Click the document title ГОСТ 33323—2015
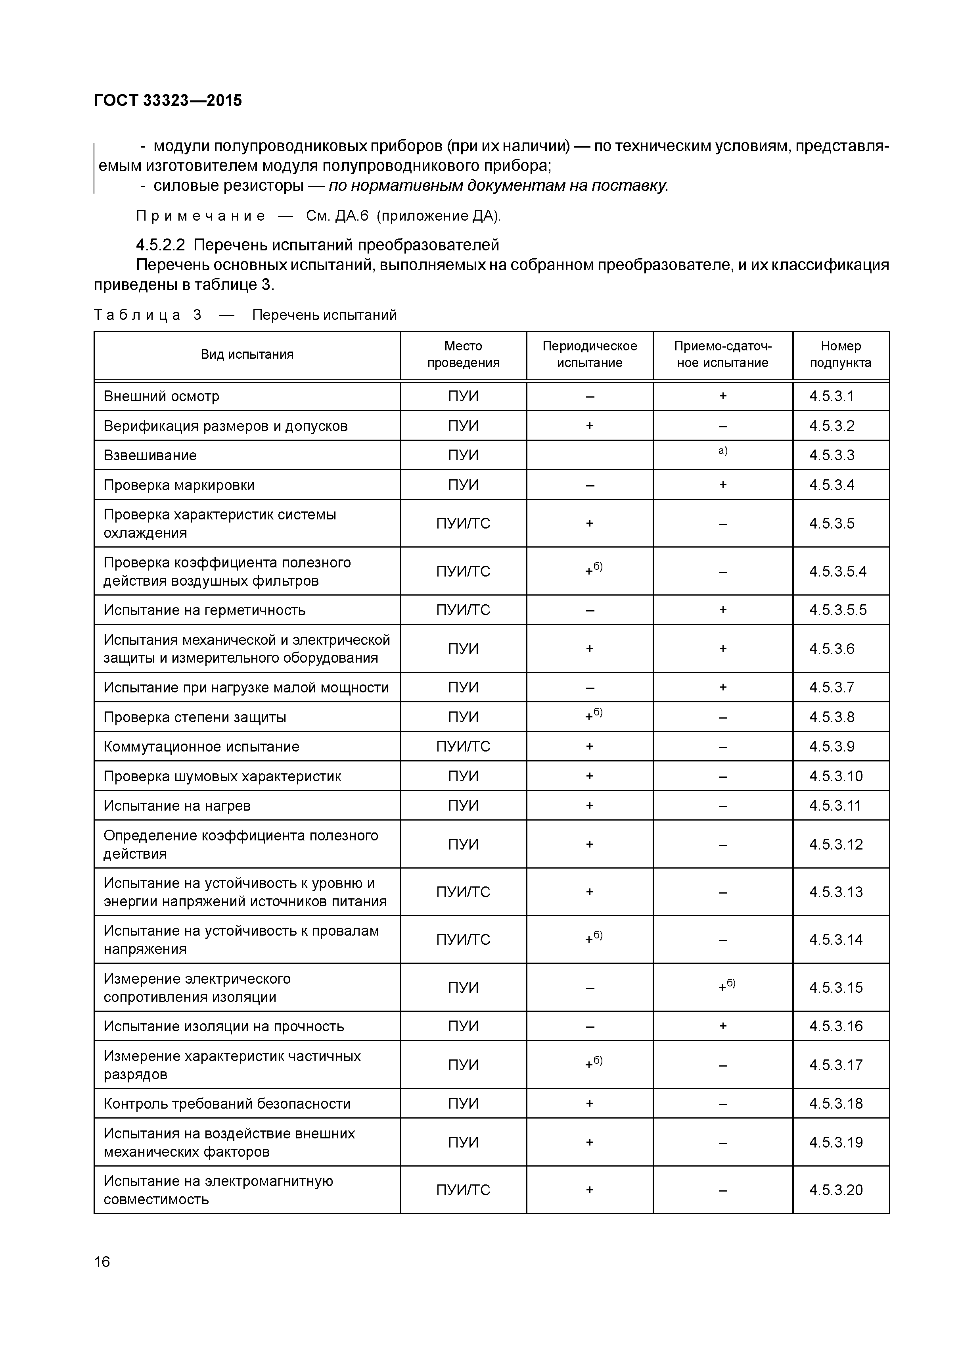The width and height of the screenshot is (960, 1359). (x=168, y=101)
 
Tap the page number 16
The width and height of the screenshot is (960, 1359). (x=102, y=1262)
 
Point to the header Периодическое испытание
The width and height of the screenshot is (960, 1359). (x=589, y=355)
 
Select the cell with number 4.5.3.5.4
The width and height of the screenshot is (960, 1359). (x=837, y=571)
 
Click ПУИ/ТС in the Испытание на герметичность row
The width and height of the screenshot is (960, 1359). (x=463, y=609)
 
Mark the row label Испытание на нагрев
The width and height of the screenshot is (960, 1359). (x=177, y=805)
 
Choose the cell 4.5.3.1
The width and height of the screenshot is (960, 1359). (x=832, y=396)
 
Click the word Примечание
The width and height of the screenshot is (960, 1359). (x=201, y=216)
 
